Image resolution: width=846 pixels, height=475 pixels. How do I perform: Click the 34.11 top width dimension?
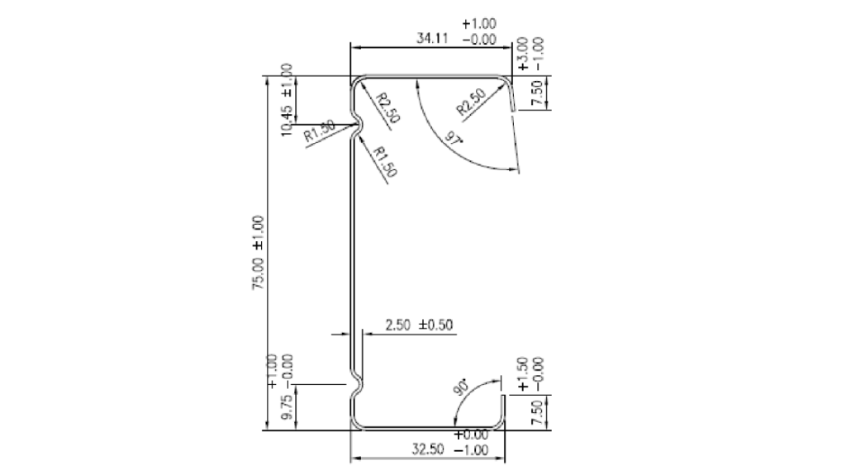pos(432,38)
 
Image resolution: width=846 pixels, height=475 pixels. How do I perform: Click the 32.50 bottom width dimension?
pos(428,449)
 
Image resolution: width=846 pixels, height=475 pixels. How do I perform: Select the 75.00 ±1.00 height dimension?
pos(259,251)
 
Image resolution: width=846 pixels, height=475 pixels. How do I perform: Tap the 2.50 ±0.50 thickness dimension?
pos(421,325)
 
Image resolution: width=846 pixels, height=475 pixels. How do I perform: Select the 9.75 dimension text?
pos(286,410)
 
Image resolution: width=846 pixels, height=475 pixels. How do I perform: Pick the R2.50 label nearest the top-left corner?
pos(387,108)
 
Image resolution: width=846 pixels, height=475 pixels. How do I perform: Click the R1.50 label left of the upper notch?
pos(319,132)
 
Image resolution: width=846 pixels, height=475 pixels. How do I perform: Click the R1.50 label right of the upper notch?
pos(386,162)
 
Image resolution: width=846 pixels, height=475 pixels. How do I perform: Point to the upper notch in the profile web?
pos(358,126)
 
